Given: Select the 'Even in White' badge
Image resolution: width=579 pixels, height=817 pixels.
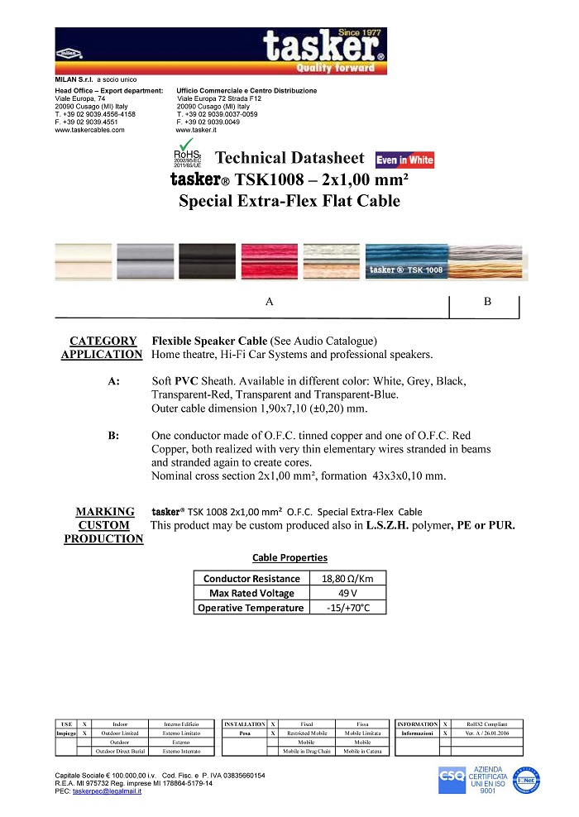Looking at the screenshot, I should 404,160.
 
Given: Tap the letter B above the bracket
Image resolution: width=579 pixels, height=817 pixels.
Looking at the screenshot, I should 487,302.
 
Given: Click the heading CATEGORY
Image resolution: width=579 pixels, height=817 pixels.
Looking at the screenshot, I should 103,341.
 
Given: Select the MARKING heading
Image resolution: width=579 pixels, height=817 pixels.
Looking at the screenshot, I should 105,512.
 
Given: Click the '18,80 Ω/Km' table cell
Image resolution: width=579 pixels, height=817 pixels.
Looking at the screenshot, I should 347,578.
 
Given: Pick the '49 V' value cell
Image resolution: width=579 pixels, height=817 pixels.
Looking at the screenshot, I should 347,593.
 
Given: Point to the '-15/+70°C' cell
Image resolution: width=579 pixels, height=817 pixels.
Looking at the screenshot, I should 347,608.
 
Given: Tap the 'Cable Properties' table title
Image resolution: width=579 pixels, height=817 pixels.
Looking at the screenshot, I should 289,557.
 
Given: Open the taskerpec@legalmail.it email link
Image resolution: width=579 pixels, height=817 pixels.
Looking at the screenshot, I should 107,791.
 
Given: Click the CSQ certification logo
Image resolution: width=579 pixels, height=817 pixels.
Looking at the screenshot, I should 451,778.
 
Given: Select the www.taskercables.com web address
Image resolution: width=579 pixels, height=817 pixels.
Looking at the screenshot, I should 89,130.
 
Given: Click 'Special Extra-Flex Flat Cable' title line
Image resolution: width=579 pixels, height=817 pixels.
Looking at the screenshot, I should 289,201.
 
